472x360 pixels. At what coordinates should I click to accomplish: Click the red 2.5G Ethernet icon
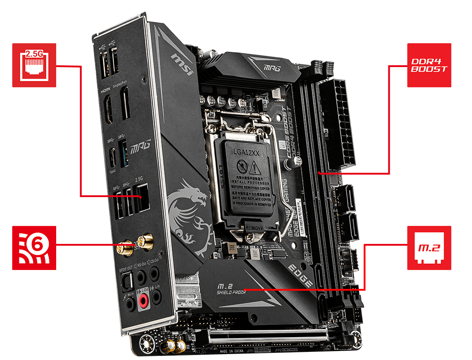tap(34, 65)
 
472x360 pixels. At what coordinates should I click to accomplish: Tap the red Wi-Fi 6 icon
tap(34, 247)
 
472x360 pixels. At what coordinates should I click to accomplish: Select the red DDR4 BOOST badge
tap(429, 65)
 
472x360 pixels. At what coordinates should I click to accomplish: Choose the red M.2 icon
tap(429, 247)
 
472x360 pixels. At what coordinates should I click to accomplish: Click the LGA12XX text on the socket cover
tap(247, 153)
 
